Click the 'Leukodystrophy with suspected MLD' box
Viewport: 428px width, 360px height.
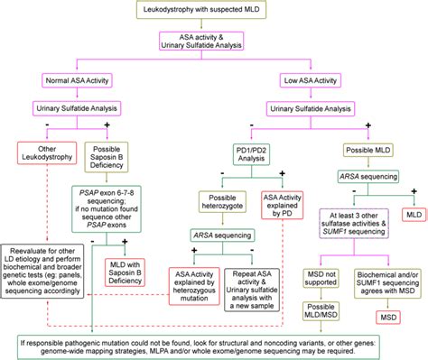[213, 11]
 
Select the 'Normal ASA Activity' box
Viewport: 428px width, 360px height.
[79, 81]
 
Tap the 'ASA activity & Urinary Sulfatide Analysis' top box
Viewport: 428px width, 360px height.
[212, 45]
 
